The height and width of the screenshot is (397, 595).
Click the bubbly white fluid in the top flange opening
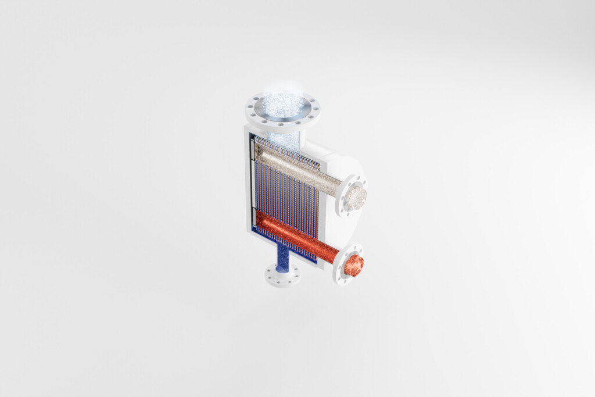(282, 104)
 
